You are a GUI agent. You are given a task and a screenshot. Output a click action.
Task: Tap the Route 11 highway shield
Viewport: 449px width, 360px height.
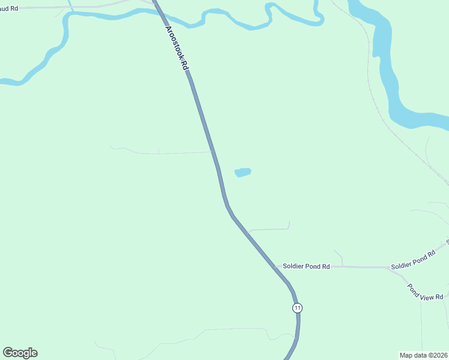(297, 308)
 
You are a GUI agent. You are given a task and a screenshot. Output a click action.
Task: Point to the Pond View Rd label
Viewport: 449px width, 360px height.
(425, 292)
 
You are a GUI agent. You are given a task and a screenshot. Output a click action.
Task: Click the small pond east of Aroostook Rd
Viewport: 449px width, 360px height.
(242, 172)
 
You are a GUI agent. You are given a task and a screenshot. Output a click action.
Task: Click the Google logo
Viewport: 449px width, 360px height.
(20, 353)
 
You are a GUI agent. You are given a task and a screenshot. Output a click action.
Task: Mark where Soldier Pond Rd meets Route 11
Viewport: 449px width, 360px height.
(278, 267)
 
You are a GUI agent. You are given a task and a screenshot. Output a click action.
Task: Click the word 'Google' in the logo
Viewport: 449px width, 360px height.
(20, 353)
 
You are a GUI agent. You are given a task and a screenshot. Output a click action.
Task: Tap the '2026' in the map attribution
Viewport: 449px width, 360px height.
(439, 355)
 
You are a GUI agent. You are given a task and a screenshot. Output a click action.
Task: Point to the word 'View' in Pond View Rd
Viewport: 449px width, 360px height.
(427, 293)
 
